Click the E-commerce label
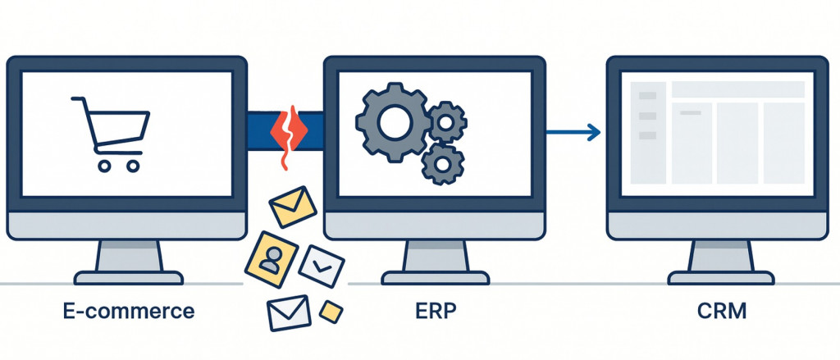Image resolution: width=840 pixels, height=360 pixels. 130,312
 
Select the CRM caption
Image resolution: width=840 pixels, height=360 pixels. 715,312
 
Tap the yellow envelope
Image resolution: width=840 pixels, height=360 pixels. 292,207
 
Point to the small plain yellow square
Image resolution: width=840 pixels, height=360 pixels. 330,311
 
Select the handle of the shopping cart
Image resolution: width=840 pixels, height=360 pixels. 78,101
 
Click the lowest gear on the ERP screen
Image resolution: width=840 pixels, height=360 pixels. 441,165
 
